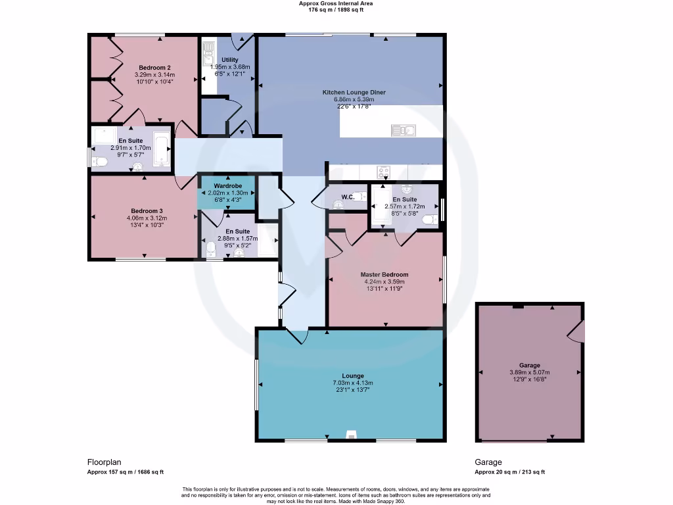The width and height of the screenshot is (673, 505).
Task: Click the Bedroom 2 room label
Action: tap(155, 68)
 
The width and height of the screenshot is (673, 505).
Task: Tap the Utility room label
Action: tap(230, 60)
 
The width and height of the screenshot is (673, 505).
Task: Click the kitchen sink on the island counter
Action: tap(400, 130)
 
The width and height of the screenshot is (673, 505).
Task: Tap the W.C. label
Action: tap(348, 197)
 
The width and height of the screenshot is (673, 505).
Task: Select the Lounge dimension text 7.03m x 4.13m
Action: tap(352, 383)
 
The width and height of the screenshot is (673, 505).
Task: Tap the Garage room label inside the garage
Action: tap(529, 365)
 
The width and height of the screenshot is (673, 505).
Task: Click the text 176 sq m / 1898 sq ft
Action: tap(336, 10)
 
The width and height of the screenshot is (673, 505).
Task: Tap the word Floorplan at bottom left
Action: tap(104, 462)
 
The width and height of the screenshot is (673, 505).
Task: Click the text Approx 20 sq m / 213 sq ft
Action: tap(509, 471)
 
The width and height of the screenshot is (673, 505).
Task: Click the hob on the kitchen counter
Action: tap(383, 172)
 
